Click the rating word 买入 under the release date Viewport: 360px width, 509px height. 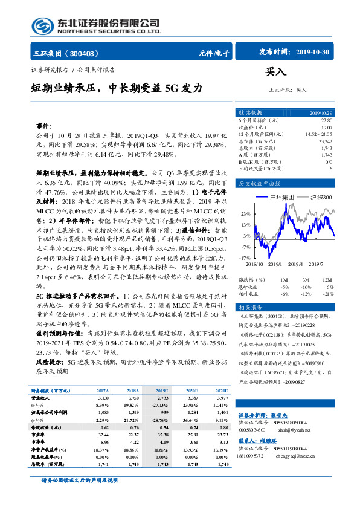pos(275,72)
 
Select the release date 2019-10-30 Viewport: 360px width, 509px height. pos(313,52)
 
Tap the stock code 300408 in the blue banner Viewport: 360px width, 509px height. pos(85,53)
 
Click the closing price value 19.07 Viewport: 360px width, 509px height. pos(326,128)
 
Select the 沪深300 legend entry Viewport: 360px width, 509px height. pos(320,197)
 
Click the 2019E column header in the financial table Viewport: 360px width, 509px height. pos(162,392)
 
